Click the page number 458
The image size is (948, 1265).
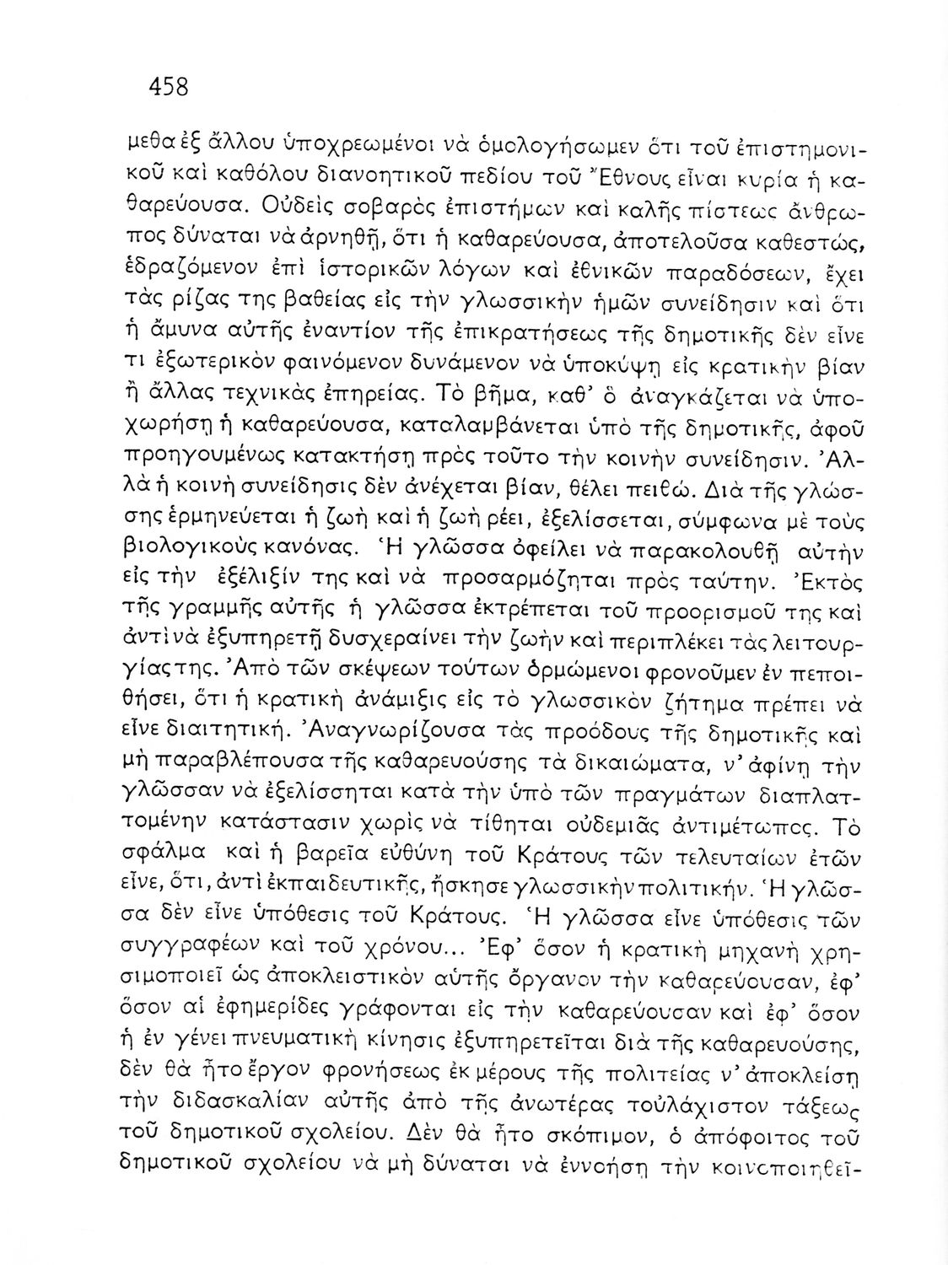[x=168, y=87]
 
